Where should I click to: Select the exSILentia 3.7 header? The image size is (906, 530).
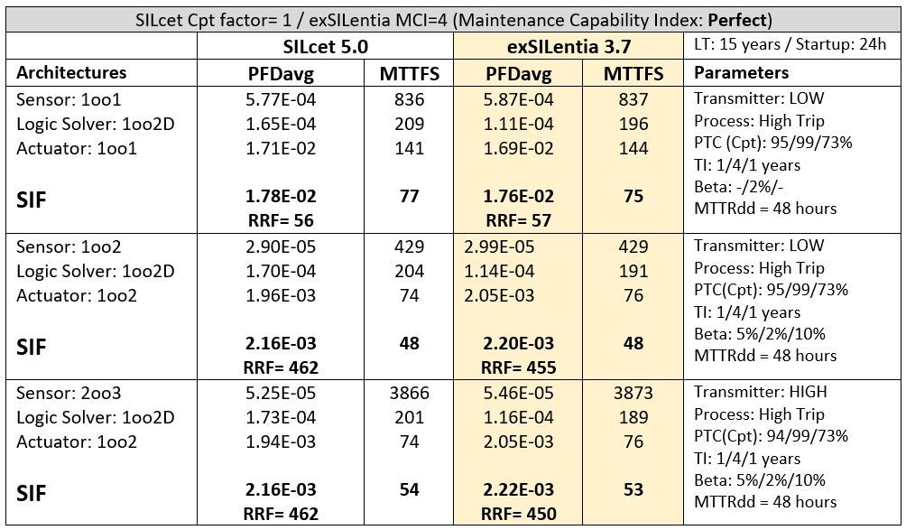click(570, 46)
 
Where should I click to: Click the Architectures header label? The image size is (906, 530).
click(72, 73)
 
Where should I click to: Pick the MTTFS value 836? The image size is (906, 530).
click(409, 100)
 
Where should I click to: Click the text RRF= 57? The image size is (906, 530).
click(518, 220)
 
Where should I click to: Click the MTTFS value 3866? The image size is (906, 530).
click(409, 393)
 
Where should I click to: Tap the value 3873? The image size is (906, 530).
click(633, 393)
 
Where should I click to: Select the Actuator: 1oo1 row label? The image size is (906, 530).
click(77, 148)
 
